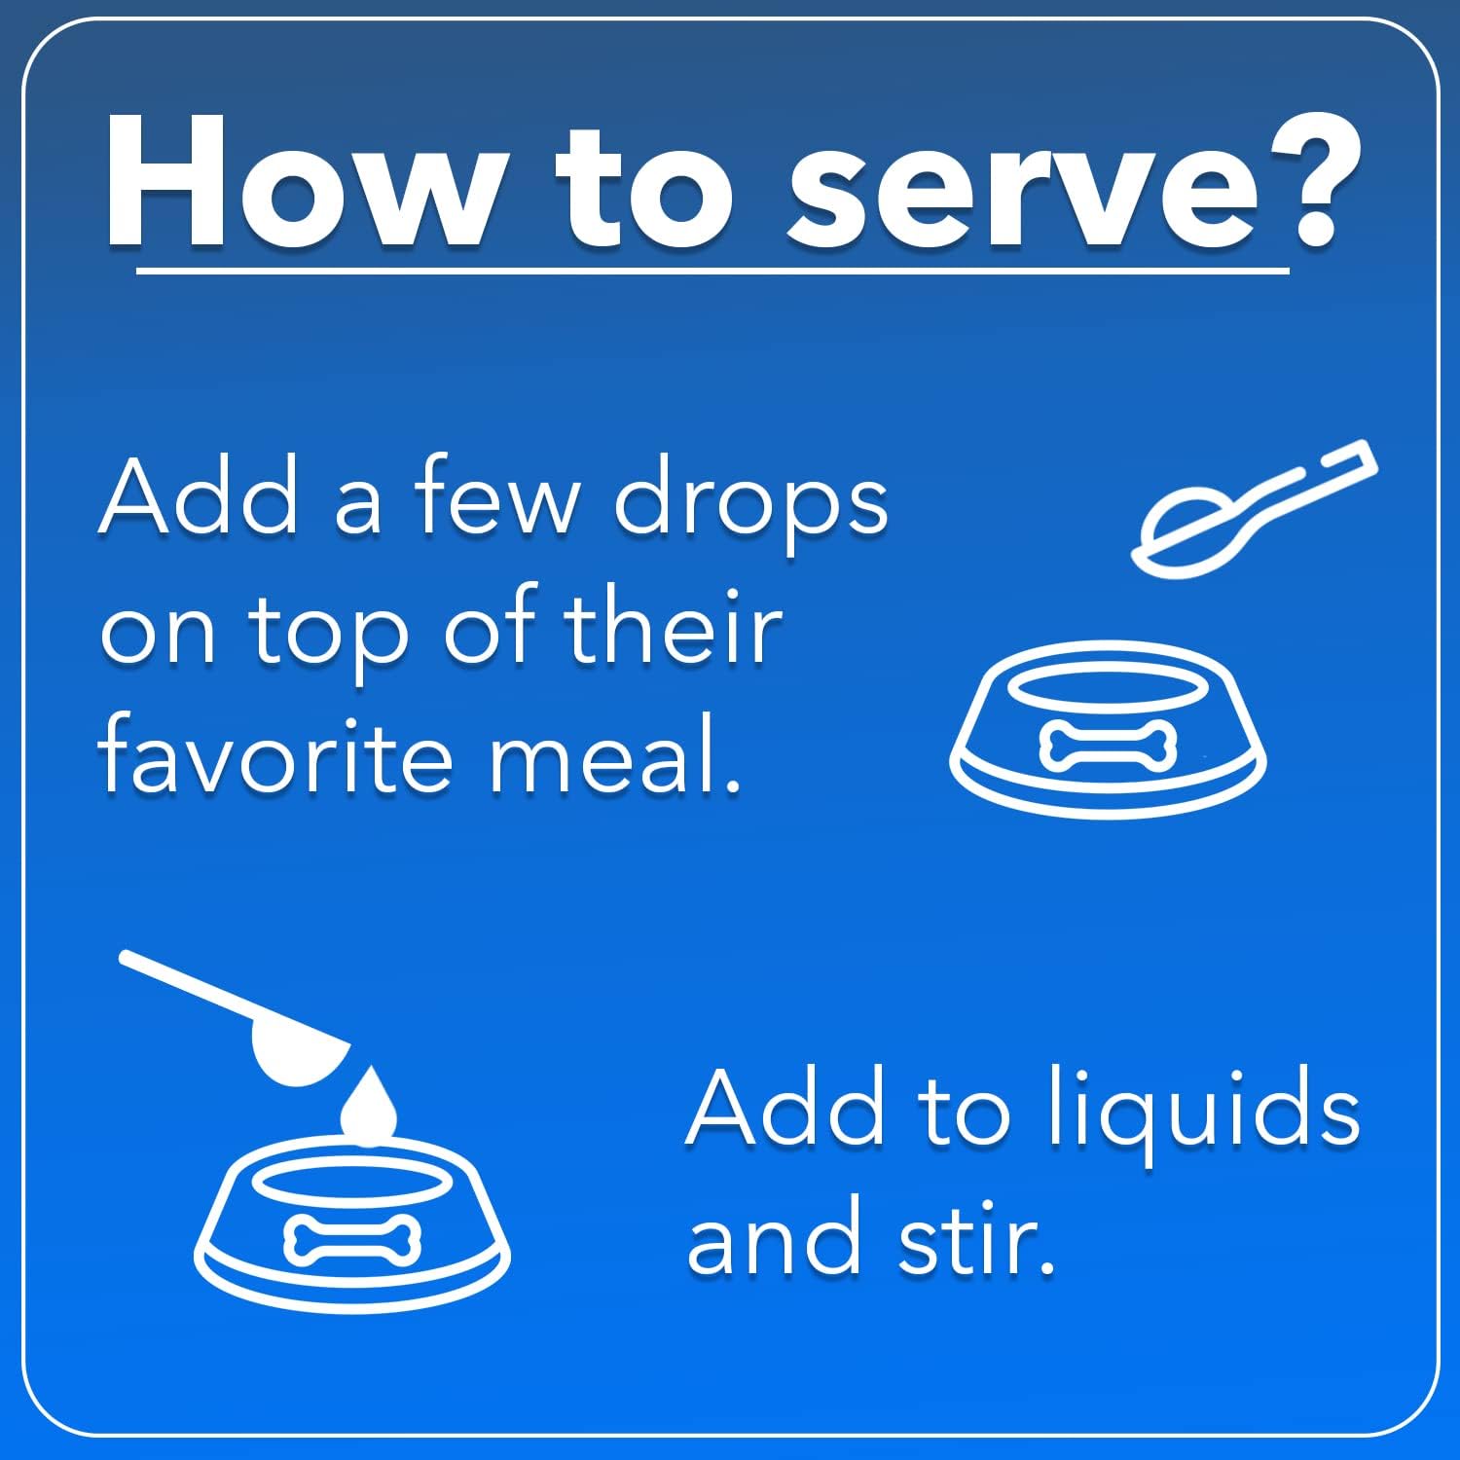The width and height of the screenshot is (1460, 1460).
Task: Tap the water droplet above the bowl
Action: point(368,1105)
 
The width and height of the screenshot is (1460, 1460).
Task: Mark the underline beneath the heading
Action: point(712,271)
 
